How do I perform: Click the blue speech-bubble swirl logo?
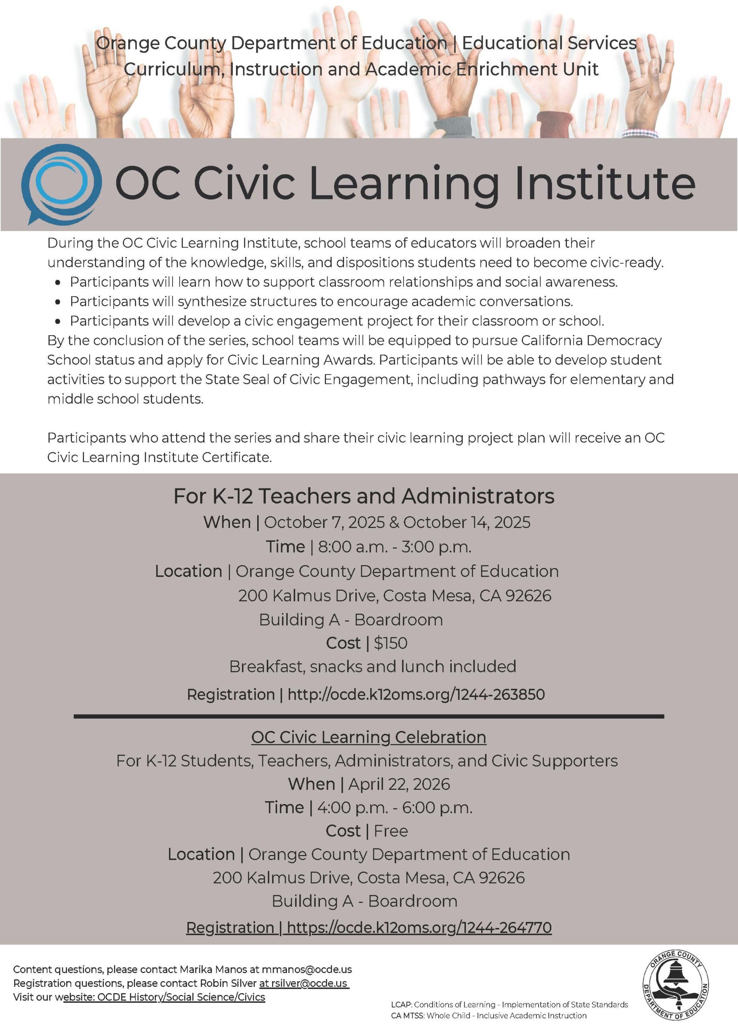click(x=61, y=183)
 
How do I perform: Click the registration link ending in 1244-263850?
click(x=416, y=695)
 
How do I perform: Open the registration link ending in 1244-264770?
click(x=419, y=927)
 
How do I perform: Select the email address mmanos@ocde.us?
click(x=307, y=970)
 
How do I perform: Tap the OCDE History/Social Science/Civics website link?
click(x=181, y=997)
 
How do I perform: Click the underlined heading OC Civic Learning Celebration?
click(x=368, y=737)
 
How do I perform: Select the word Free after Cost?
click(x=391, y=831)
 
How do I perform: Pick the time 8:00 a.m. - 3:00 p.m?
click(x=395, y=547)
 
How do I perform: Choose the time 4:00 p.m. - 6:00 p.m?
click(x=395, y=808)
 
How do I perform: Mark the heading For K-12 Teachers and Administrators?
click(x=364, y=496)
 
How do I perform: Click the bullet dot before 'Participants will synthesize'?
click(x=57, y=302)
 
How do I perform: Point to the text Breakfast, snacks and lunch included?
click(x=372, y=666)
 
